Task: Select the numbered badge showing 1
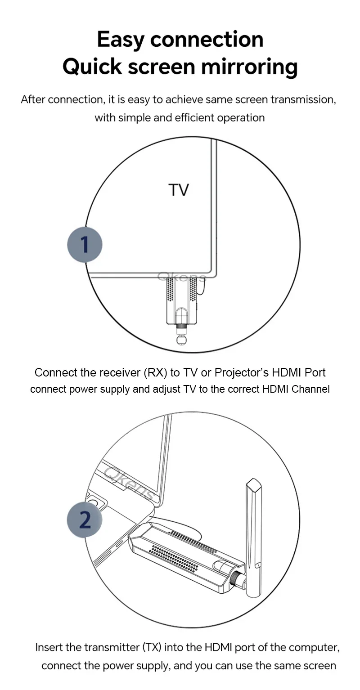85,245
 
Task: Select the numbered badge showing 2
85,520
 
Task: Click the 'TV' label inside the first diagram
179,190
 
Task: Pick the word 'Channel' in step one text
310,389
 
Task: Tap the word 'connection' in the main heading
207,40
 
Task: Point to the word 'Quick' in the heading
92,67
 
